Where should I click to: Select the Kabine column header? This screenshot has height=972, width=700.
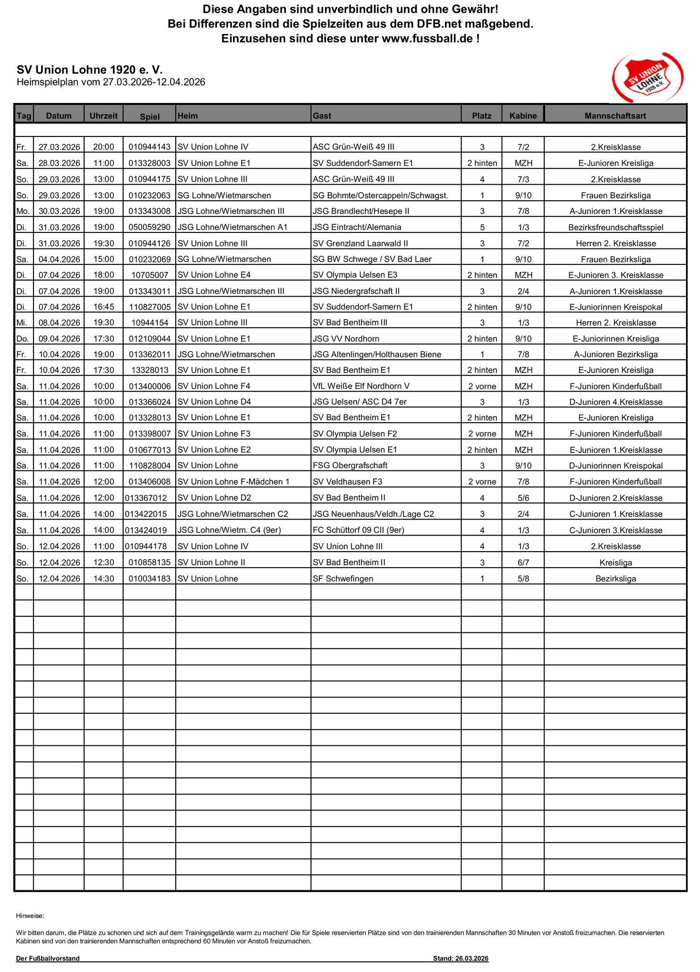523,116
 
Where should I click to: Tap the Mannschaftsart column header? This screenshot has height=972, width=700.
615,116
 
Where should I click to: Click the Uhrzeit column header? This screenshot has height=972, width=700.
103,116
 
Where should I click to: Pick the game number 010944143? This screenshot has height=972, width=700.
149,147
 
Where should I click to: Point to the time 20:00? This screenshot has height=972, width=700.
103,147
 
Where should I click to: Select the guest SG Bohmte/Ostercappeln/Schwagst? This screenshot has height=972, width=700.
380,196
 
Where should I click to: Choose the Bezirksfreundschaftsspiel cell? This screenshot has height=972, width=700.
615,228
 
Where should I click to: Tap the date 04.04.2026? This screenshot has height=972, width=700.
59,259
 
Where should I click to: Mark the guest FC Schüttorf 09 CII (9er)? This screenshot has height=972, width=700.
359,530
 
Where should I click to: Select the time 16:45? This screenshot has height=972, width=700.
103,307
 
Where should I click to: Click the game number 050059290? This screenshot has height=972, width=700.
149,228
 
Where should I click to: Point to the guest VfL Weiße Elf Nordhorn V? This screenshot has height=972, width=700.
361,386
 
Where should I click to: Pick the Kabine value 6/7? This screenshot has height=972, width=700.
523,563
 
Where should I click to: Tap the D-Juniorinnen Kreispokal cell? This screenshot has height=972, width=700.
615,466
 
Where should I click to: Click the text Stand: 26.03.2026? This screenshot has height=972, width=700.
461,958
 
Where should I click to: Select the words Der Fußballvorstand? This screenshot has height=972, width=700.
48,958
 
